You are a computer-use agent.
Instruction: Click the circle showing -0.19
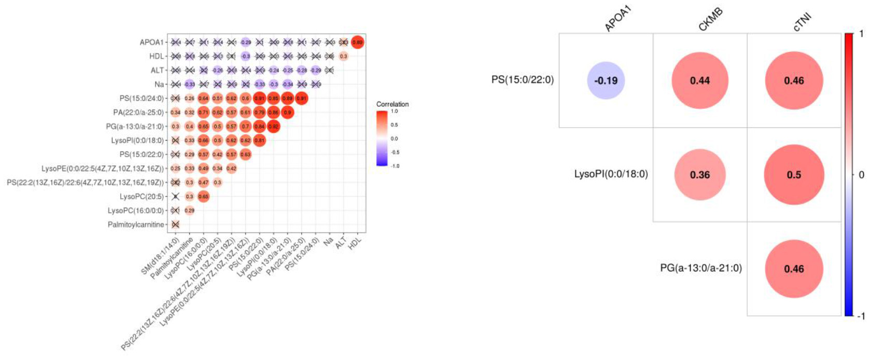(x=606, y=80)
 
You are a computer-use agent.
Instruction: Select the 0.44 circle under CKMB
(x=699, y=80)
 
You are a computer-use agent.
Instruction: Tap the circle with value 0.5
(x=794, y=175)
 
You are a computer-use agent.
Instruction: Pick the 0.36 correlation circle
(x=699, y=175)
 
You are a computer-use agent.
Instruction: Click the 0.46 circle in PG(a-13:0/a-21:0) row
(x=794, y=269)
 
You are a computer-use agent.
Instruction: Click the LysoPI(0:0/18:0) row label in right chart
(x=611, y=174)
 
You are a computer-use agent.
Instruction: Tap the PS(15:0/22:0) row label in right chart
(x=522, y=80)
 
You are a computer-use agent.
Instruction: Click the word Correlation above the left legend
(x=392, y=104)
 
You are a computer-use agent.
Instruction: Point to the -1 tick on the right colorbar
(x=861, y=316)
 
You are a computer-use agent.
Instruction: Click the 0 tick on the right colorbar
(x=861, y=175)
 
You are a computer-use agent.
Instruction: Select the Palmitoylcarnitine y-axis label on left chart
(x=136, y=225)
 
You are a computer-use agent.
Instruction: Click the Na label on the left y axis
(x=159, y=84)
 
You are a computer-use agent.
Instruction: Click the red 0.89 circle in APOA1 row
(x=357, y=42)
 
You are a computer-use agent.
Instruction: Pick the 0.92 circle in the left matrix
(x=273, y=126)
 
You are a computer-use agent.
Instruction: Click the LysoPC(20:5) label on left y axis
(x=142, y=197)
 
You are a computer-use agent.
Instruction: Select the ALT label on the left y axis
(x=157, y=70)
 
